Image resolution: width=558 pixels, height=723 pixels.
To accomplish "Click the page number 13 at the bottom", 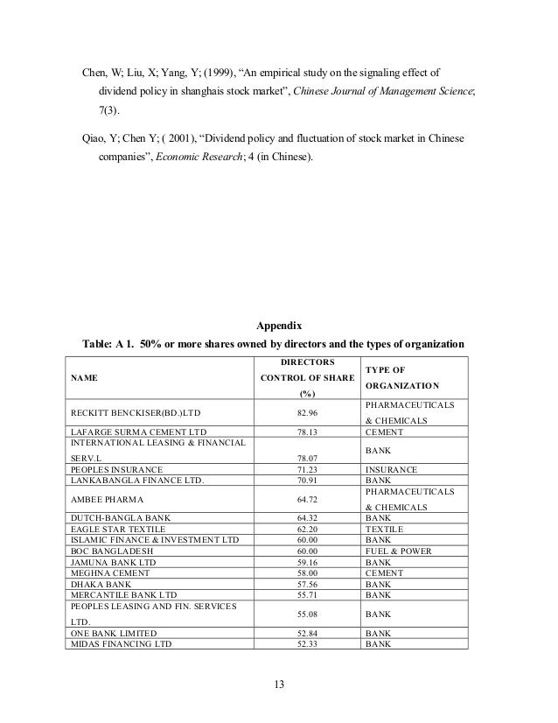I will (279, 684).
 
